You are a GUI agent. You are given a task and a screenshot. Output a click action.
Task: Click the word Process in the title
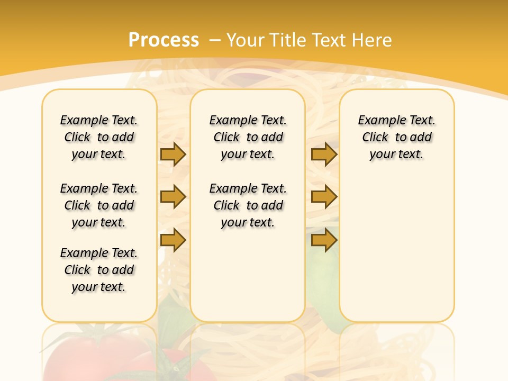(164, 40)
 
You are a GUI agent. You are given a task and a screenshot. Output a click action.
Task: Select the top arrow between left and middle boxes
(173, 155)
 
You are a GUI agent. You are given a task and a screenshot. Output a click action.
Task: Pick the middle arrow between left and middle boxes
(173, 197)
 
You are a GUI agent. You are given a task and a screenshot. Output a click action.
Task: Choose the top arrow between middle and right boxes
(324, 155)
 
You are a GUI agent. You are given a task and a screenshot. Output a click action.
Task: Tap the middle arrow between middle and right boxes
(324, 197)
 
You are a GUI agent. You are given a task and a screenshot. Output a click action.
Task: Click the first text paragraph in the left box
(99, 137)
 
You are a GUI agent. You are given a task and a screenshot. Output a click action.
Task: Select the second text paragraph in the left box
(99, 205)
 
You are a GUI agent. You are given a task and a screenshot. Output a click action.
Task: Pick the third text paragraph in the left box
(99, 270)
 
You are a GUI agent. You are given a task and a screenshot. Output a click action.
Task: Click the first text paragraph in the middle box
(248, 137)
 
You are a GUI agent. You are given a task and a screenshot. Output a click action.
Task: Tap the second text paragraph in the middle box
(248, 205)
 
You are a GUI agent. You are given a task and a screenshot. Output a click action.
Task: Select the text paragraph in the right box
(396, 137)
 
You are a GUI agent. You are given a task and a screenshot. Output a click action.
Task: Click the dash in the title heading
(215, 40)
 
